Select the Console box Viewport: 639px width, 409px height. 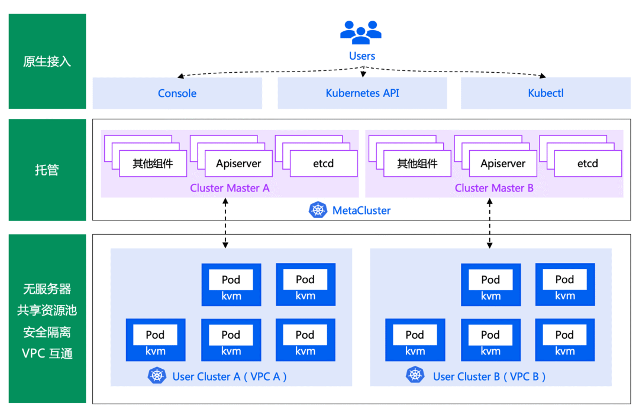[x=177, y=93]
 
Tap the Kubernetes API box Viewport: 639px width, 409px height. [x=362, y=93]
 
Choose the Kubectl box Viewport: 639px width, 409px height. [x=546, y=93]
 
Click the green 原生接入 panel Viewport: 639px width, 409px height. [x=47, y=61]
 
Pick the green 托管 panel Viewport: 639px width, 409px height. [x=47, y=170]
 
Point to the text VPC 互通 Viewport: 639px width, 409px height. [x=47, y=354]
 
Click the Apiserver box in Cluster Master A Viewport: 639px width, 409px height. [x=238, y=164]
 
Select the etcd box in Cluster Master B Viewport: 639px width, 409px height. [x=588, y=164]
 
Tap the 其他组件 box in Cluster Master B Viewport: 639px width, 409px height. [x=417, y=164]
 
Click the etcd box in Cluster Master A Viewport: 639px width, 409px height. [x=324, y=164]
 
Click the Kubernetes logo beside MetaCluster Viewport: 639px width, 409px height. [x=318, y=210]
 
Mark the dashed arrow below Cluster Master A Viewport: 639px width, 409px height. [x=225, y=223]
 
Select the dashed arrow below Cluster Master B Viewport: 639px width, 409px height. [x=489, y=223]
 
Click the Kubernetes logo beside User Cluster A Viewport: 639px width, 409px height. [x=157, y=375]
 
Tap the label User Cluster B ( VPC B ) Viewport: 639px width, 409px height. [x=489, y=376]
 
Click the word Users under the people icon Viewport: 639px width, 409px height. [x=362, y=56]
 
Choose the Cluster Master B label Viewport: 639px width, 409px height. [x=494, y=188]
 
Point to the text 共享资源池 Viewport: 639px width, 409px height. [x=47, y=310]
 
